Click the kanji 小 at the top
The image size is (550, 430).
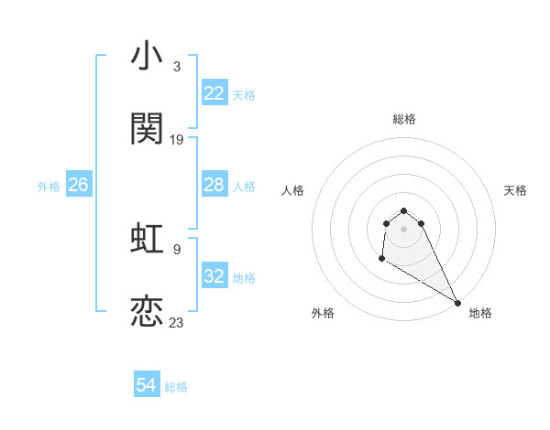pyautogui.click(x=148, y=57)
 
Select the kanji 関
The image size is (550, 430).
pyautogui.click(x=148, y=129)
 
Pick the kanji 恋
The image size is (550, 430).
pyautogui.click(x=148, y=312)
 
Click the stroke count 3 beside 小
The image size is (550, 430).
pyautogui.click(x=176, y=67)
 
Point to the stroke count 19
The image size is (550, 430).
pyautogui.click(x=177, y=139)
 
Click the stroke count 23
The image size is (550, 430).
pyautogui.click(x=177, y=322)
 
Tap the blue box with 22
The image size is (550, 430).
pyautogui.click(x=214, y=93)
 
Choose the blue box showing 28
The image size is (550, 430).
pyautogui.click(x=214, y=185)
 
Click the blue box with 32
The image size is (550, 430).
pyautogui.click(x=214, y=276)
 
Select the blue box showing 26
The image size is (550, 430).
pyautogui.click(x=78, y=185)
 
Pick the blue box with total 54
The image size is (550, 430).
pyautogui.click(x=147, y=386)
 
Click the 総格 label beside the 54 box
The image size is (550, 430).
pyautogui.click(x=176, y=387)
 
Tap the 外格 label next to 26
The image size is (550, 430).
pyautogui.click(x=49, y=186)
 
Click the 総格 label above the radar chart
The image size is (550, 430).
pyautogui.click(x=404, y=119)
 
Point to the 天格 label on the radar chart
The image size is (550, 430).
pyautogui.click(x=515, y=190)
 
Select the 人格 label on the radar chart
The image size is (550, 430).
pyautogui.click(x=293, y=190)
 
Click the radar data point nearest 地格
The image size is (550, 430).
pyautogui.click(x=458, y=303)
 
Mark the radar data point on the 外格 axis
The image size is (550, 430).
pyautogui.click(x=381, y=259)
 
